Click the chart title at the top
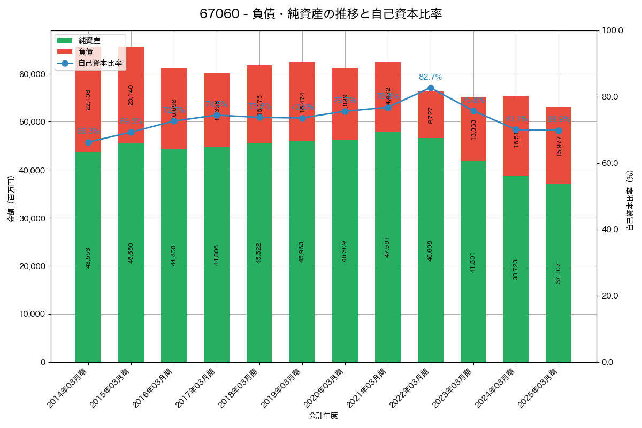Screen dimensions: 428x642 point(320,14)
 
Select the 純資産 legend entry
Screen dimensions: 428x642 point(89,41)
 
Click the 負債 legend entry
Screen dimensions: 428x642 point(85,52)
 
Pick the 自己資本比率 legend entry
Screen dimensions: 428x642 point(100,63)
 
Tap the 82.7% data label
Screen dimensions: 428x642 point(430,77)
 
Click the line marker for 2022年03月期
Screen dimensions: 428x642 point(431,88)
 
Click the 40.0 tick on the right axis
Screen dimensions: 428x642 point(609,230)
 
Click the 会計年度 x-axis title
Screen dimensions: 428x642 point(323,416)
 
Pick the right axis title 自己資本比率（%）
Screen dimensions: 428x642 point(630,200)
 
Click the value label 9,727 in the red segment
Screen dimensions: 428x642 point(431,115)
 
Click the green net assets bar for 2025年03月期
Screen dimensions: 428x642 point(559,273)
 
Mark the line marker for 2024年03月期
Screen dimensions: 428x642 point(516,130)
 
